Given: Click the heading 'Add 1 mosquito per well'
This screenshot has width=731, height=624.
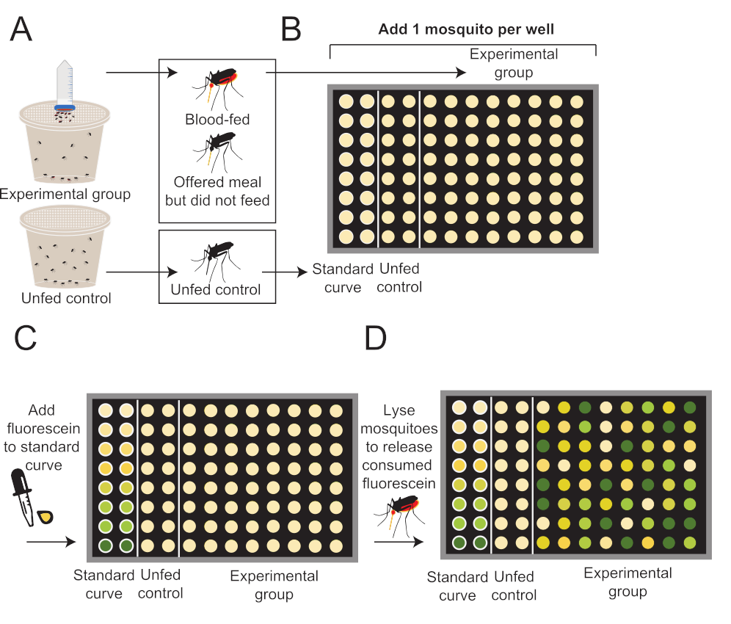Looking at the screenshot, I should point(466,30).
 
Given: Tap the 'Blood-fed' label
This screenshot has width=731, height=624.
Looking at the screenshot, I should point(217,119).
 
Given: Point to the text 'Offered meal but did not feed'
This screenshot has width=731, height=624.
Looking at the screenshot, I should point(217,190).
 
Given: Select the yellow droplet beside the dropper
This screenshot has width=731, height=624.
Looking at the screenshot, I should point(47,517).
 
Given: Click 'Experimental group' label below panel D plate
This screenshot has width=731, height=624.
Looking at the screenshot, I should point(628,581).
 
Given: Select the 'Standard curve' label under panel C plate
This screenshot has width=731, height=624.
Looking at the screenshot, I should point(103,584).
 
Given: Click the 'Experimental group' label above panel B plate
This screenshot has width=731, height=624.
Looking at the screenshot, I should point(513,63).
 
